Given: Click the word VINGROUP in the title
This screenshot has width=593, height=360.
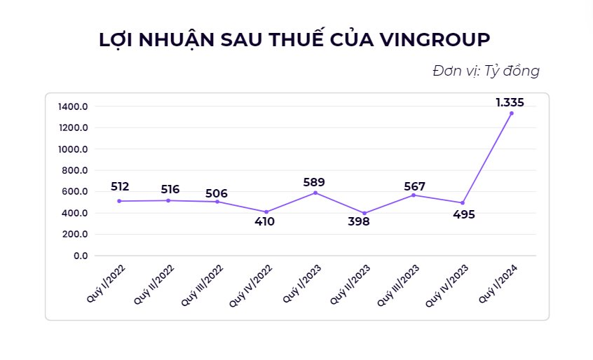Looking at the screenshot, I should [x=438, y=39].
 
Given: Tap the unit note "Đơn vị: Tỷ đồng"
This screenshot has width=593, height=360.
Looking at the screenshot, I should [x=486, y=71].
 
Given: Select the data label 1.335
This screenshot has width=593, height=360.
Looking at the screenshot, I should [x=510, y=102].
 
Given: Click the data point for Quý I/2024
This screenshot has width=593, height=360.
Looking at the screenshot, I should [x=512, y=113].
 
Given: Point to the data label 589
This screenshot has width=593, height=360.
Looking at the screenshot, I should [x=313, y=182].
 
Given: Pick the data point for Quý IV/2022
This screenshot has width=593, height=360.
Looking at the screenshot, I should [x=266, y=212].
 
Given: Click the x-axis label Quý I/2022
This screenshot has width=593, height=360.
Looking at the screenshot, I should [x=101, y=284].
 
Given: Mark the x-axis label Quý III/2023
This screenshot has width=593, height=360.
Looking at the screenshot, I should [x=399, y=284].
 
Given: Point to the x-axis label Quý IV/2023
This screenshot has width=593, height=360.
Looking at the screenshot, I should [x=447, y=284].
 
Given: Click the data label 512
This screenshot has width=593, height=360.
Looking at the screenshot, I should [x=120, y=186].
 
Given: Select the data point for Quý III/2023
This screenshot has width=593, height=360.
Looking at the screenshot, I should [x=414, y=195].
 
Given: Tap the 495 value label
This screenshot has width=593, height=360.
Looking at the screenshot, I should [x=463, y=214].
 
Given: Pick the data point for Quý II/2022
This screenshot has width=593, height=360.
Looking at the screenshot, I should [x=168, y=200].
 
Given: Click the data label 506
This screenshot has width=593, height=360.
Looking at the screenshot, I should [x=217, y=193].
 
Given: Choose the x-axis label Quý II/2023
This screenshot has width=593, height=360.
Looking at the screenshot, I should [x=350, y=284].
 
